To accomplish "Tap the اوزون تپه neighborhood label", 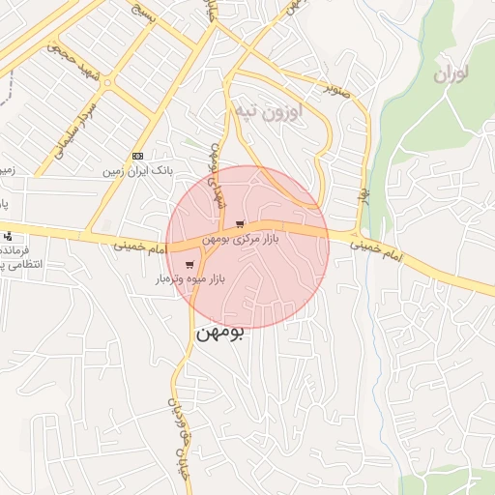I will click(267, 111).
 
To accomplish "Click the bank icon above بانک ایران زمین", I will click(138, 156).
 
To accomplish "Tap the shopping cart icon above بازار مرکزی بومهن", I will click(239, 225).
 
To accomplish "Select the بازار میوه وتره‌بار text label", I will click(190, 278).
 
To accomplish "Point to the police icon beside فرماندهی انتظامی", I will click(9, 236).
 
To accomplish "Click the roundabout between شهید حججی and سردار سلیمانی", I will click(106, 82).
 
